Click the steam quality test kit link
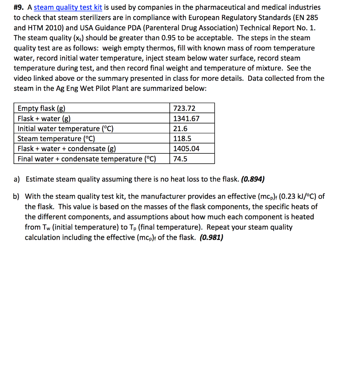[68, 7]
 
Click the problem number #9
[19, 7]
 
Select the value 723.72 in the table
[184, 108]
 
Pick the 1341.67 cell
[186, 118]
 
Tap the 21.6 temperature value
[180, 129]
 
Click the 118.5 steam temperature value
[182, 138]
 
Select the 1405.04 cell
[186, 149]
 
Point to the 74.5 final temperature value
[180, 159]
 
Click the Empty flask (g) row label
[42, 108]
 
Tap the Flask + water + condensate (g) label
[67, 149]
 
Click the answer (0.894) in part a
[253, 179]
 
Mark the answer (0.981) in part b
[211, 237]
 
